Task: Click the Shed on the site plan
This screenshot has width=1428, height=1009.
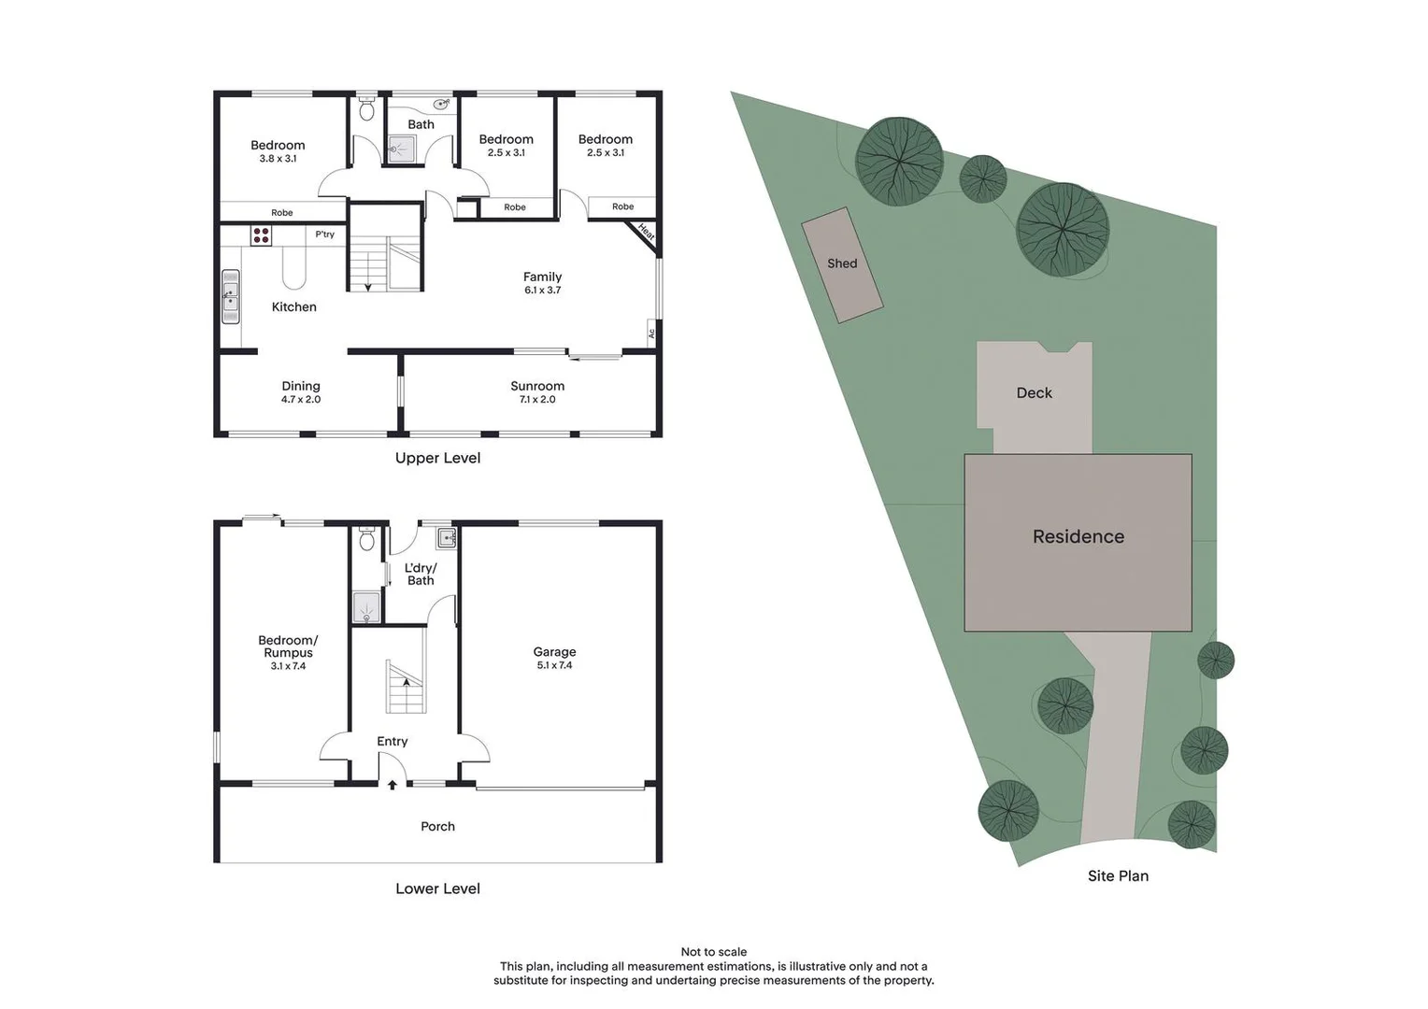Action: pyautogui.click(x=842, y=264)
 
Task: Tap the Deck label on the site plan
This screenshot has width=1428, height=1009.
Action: pyautogui.click(x=1034, y=393)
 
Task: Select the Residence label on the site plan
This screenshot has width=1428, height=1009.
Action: pyautogui.click(x=1078, y=536)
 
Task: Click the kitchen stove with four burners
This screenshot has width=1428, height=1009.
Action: pyautogui.click(x=261, y=234)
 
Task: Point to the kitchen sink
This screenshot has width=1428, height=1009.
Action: pyautogui.click(x=230, y=297)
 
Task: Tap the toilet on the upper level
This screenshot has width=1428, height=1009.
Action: pyautogui.click(x=366, y=110)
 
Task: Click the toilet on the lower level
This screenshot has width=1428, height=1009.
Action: pyautogui.click(x=366, y=539)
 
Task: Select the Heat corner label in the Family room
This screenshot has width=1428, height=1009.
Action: pyautogui.click(x=646, y=232)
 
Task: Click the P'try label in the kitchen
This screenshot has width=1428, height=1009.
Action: pyautogui.click(x=324, y=234)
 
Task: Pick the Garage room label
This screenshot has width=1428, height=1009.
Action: pyautogui.click(x=554, y=652)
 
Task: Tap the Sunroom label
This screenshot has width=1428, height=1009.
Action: pyautogui.click(x=537, y=386)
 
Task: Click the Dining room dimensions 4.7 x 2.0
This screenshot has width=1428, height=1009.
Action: pyautogui.click(x=301, y=400)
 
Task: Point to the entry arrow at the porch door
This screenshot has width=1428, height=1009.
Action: pyautogui.click(x=393, y=785)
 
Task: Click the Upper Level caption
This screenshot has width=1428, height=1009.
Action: pyautogui.click(x=437, y=458)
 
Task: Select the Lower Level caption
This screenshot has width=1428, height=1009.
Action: pyautogui.click(x=437, y=888)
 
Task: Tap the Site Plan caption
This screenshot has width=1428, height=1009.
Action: pyautogui.click(x=1118, y=875)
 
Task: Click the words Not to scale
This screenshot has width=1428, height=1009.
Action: pyautogui.click(x=714, y=952)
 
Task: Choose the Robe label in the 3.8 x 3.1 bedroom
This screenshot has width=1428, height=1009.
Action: pyautogui.click(x=281, y=213)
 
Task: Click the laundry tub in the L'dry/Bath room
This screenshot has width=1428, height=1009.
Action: pyautogui.click(x=447, y=538)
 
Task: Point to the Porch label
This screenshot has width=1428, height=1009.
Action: pyautogui.click(x=437, y=827)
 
